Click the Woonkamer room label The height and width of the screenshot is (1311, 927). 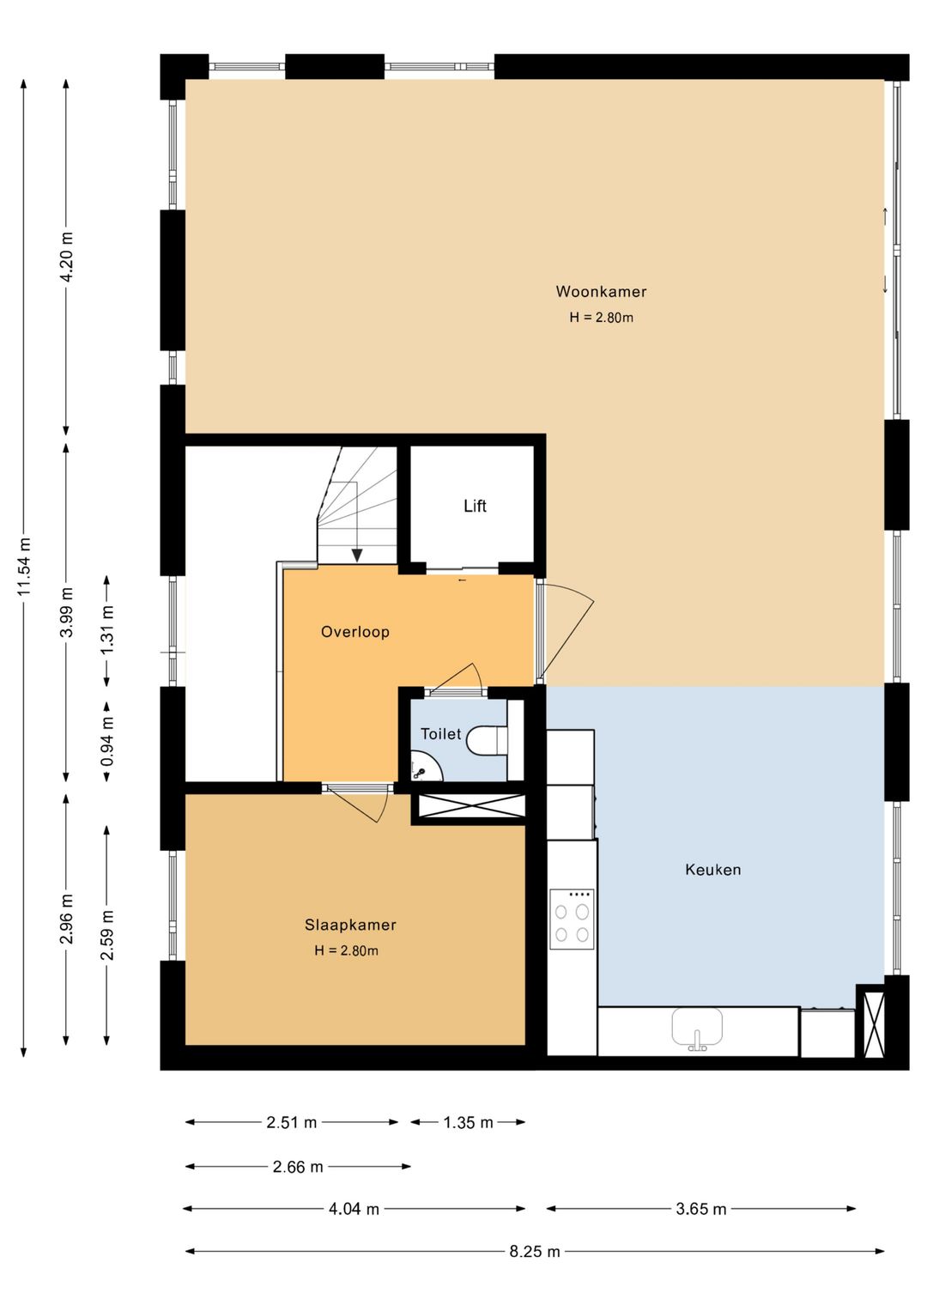[601, 292]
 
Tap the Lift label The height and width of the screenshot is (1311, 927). [475, 507]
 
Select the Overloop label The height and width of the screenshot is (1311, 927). [354, 632]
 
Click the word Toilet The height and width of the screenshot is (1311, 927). [440, 734]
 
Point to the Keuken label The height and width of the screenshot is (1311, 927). [712, 870]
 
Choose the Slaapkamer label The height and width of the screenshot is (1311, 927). [350, 925]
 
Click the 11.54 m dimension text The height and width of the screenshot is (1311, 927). [24, 567]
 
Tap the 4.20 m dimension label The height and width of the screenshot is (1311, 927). [66, 256]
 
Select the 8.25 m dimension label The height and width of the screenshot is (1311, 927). [534, 1252]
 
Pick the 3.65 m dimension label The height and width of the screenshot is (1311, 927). [700, 1209]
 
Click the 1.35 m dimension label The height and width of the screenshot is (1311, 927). [468, 1122]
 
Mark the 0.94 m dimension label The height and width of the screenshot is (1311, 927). [107, 742]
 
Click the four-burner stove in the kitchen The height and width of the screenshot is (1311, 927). [572, 920]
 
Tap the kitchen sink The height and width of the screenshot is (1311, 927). [697, 1029]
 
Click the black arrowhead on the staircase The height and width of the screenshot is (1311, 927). [357, 555]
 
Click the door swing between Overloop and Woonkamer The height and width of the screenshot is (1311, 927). [566, 631]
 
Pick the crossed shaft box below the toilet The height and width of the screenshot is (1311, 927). [471, 806]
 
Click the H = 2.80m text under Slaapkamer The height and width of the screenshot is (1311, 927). [346, 950]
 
